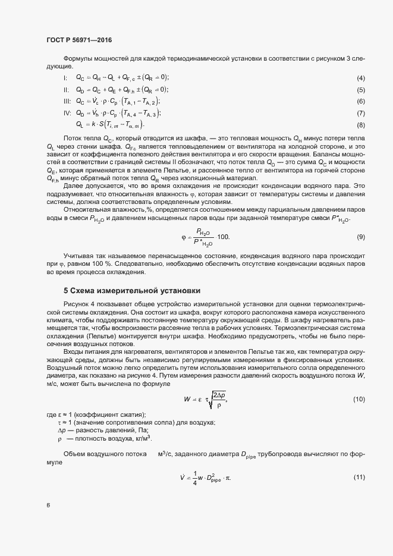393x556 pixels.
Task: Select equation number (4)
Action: pos(360,78)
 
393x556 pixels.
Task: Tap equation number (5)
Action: pos(360,90)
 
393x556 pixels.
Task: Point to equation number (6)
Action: pos(360,102)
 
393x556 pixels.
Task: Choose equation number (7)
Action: pos(360,114)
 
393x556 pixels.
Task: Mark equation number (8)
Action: pos(360,125)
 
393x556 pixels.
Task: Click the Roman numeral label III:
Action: pos(67,102)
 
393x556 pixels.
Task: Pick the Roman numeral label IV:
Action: pos(67,113)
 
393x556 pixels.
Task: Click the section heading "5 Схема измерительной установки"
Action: pos(132,291)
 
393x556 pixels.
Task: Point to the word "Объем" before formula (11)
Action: pos(74,454)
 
